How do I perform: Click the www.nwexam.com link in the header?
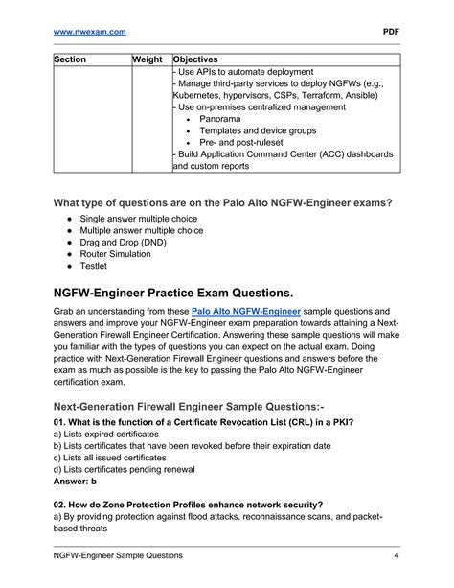(90, 32)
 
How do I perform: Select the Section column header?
(70, 59)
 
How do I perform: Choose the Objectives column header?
(195, 59)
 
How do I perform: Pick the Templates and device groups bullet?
(256, 130)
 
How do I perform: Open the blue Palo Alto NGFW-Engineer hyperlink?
(246, 312)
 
